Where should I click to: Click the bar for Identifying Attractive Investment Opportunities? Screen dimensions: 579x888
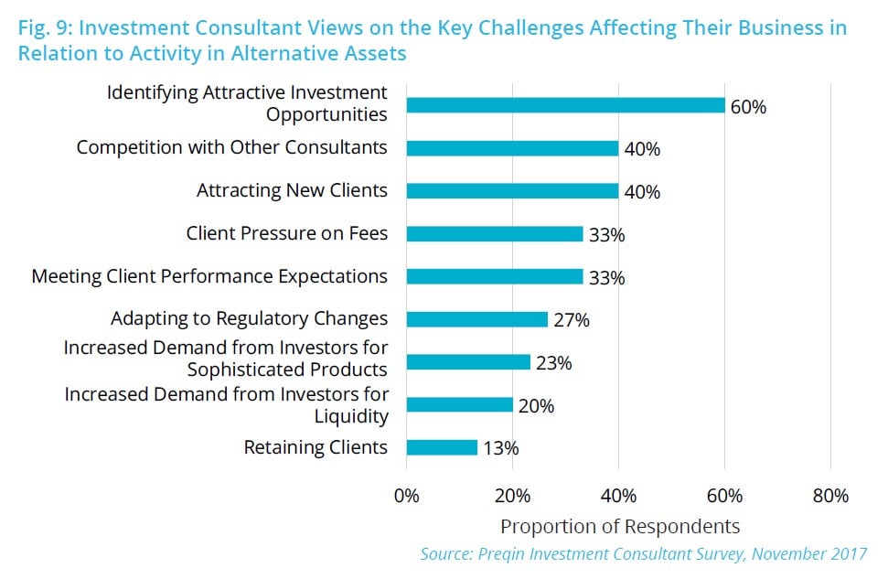coord(565,105)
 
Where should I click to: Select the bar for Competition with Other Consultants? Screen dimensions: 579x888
coord(512,148)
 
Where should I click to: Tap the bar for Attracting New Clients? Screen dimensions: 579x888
coord(512,191)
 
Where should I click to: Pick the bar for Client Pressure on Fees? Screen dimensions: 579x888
coord(495,234)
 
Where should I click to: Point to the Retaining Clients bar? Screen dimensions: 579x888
coord(442,447)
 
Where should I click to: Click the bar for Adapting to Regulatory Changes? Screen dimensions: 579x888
coord(477,319)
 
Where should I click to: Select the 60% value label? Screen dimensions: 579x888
coord(748,106)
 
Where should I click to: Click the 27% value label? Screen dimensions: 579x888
coord(572,320)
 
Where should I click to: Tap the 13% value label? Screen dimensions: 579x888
coord(500,448)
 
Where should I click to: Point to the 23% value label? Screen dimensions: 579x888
coord(554,363)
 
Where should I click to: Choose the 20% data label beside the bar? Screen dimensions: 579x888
coord(536,405)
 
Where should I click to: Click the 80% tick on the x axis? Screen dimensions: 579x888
coord(829,496)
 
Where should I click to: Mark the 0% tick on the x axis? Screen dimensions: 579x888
coord(406,496)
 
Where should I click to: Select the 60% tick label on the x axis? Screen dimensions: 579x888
coord(724,496)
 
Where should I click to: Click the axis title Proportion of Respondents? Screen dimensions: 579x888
coord(619,526)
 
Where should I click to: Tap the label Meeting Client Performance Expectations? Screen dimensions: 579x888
coord(209,276)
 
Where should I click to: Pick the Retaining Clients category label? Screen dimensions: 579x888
coord(316,447)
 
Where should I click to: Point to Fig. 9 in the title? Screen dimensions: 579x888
coord(45,28)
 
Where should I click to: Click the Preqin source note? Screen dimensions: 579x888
coord(643,553)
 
